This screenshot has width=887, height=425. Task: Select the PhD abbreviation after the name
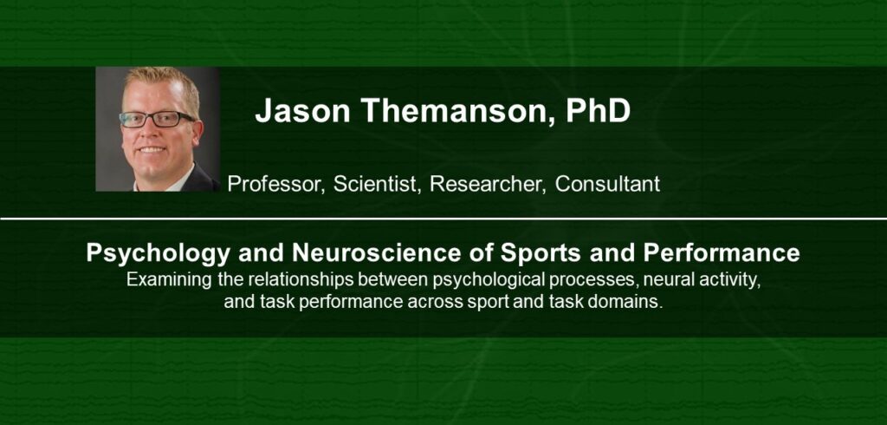click(x=598, y=110)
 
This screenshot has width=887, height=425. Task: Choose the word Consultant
click(x=607, y=184)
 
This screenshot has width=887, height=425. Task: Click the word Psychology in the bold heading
click(x=159, y=253)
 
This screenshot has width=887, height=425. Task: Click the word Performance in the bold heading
click(x=722, y=252)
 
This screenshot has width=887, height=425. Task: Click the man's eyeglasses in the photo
click(x=157, y=119)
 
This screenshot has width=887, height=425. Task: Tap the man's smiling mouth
click(x=152, y=149)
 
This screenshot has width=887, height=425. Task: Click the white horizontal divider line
click(x=443, y=219)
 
